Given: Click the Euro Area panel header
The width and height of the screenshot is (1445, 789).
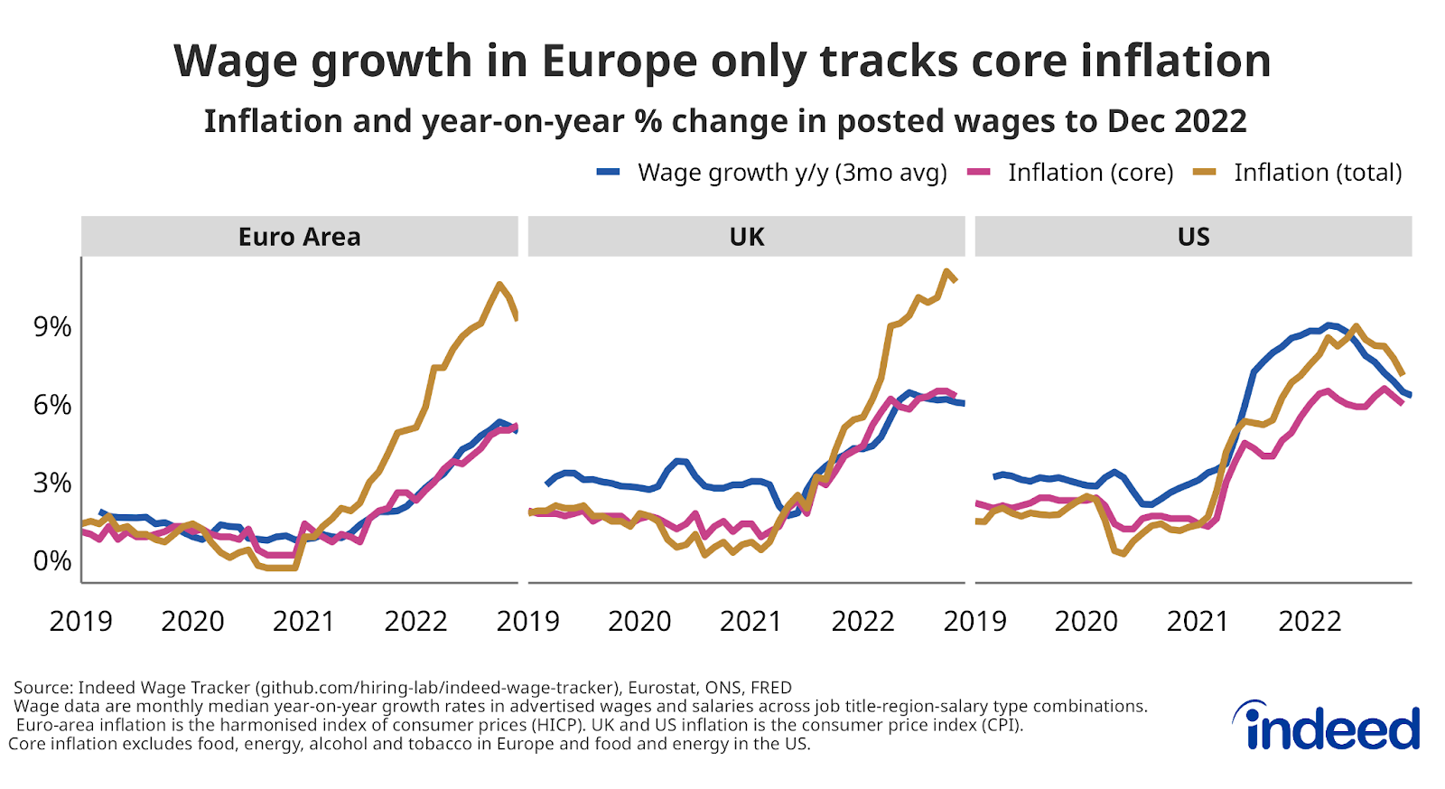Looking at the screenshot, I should pyautogui.click(x=299, y=237).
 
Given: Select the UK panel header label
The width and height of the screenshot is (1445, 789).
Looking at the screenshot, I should pyautogui.click(x=746, y=237).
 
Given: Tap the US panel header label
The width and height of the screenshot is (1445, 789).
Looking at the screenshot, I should pyautogui.click(x=1193, y=237).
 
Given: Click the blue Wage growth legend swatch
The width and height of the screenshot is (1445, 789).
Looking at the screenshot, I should pyautogui.click(x=609, y=172).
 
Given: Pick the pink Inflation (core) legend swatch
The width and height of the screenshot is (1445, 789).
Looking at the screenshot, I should pyautogui.click(x=979, y=172).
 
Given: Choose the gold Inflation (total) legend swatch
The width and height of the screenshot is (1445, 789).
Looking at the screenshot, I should pyautogui.click(x=1205, y=172).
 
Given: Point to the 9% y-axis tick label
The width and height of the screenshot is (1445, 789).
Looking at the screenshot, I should pyautogui.click(x=52, y=327).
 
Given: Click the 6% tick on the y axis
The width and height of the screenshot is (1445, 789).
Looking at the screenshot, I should pyautogui.click(x=52, y=405).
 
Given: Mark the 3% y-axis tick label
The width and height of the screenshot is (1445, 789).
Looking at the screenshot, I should pyautogui.click(x=52, y=483).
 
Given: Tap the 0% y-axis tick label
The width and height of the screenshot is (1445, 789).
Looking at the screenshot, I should pyautogui.click(x=52, y=560).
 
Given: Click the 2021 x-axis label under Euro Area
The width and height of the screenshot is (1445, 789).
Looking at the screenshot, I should pyautogui.click(x=303, y=621).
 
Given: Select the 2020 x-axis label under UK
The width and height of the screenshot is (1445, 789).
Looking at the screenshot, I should pyautogui.click(x=639, y=621).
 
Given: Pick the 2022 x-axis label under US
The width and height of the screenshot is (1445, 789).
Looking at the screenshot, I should pyautogui.click(x=1310, y=621).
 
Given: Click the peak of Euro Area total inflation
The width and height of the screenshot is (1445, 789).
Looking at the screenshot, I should pyautogui.click(x=499, y=285).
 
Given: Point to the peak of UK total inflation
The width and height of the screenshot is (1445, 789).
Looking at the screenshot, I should pyautogui.click(x=946, y=271).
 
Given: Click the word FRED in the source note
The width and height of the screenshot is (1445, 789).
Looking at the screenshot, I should pyautogui.click(x=771, y=688).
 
